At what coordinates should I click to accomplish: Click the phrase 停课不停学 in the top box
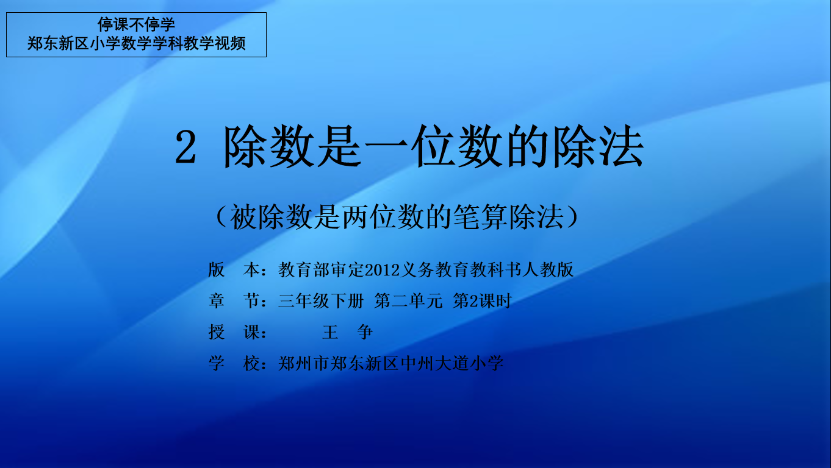pyautogui.click(x=136, y=25)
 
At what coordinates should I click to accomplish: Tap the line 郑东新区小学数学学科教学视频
pyautogui.click(x=136, y=44)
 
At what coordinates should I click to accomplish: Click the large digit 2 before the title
pyautogui.click(x=185, y=147)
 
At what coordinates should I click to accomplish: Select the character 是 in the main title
pyautogui.click(x=339, y=146)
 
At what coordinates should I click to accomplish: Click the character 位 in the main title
pyautogui.click(x=433, y=146)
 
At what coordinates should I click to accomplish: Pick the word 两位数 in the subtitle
pyautogui.click(x=383, y=217)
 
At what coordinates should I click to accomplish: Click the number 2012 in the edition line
pyautogui.click(x=383, y=270)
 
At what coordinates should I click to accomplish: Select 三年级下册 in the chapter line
pyautogui.click(x=321, y=301)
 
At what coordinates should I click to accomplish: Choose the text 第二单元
pyautogui.click(x=408, y=301)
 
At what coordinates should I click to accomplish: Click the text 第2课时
pyautogui.click(x=482, y=301)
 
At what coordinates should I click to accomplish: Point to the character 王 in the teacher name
pyautogui.click(x=330, y=332)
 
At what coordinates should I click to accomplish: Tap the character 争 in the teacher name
pyautogui.click(x=365, y=332)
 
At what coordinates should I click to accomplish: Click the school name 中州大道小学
pyautogui.click(x=452, y=363)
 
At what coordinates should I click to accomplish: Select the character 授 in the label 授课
pyautogui.click(x=216, y=332)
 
